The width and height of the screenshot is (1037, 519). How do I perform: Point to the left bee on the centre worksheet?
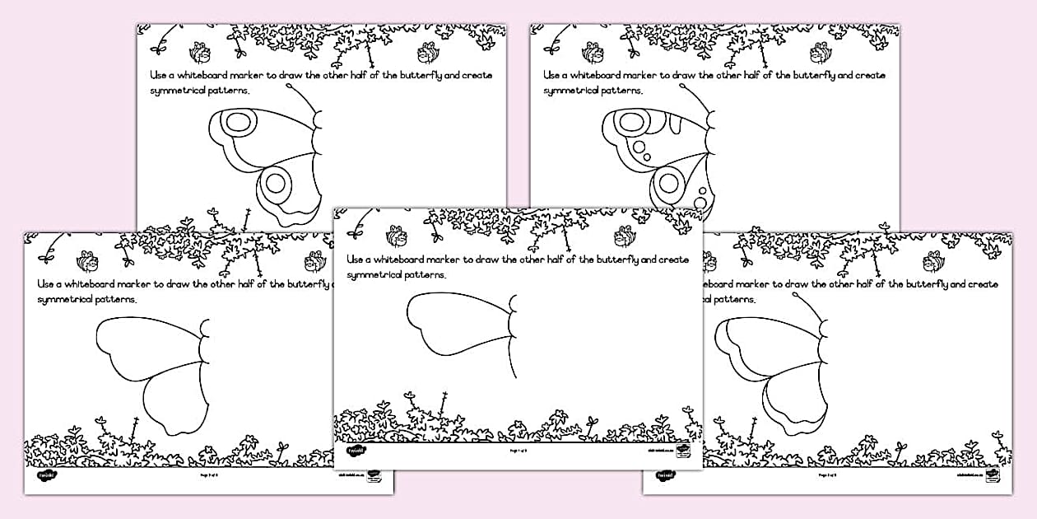click(x=397, y=237)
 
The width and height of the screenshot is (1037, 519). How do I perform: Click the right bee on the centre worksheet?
click(x=625, y=237)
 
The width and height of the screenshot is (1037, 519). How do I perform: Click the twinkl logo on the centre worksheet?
click(x=356, y=451)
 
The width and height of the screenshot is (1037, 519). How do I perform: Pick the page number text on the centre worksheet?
click(x=518, y=451)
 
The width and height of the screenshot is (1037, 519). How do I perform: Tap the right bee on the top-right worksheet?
click(x=821, y=54)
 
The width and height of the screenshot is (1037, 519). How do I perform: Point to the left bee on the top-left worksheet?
click(x=199, y=54)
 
